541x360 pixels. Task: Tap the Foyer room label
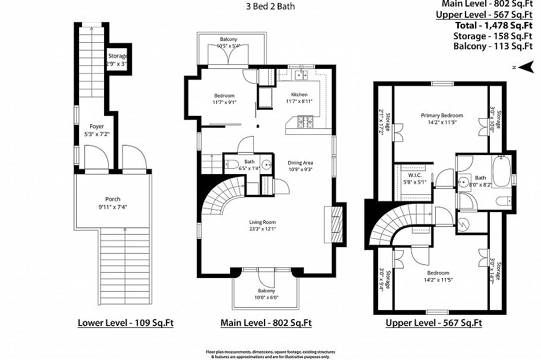pyautogui.click(x=96, y=126)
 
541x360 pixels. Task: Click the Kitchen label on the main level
pyautogui.click(x=299, y=95)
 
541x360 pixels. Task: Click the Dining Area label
pyautogui.click(x=300, y=162)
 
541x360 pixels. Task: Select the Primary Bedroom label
pyautogui.click(x=442, y=115)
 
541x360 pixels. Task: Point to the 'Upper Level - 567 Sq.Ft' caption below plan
pyautogui.click(x=433, y=323)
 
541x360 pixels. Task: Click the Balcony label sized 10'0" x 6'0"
pyautogui.click(x=266, y=290)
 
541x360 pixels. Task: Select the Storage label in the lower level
pyautogui.click(x=118, y=56)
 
